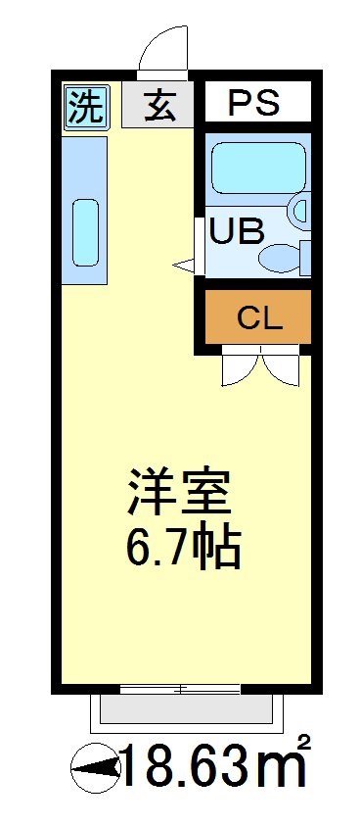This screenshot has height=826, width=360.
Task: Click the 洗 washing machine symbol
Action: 86,106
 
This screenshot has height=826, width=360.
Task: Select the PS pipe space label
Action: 255,102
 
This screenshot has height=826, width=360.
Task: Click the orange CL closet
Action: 258,316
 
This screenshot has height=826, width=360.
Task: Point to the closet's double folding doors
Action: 258,366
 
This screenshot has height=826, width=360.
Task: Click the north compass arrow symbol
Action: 93,770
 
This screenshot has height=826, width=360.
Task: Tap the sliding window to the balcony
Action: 180,690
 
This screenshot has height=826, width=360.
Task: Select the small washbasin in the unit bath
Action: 299,210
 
